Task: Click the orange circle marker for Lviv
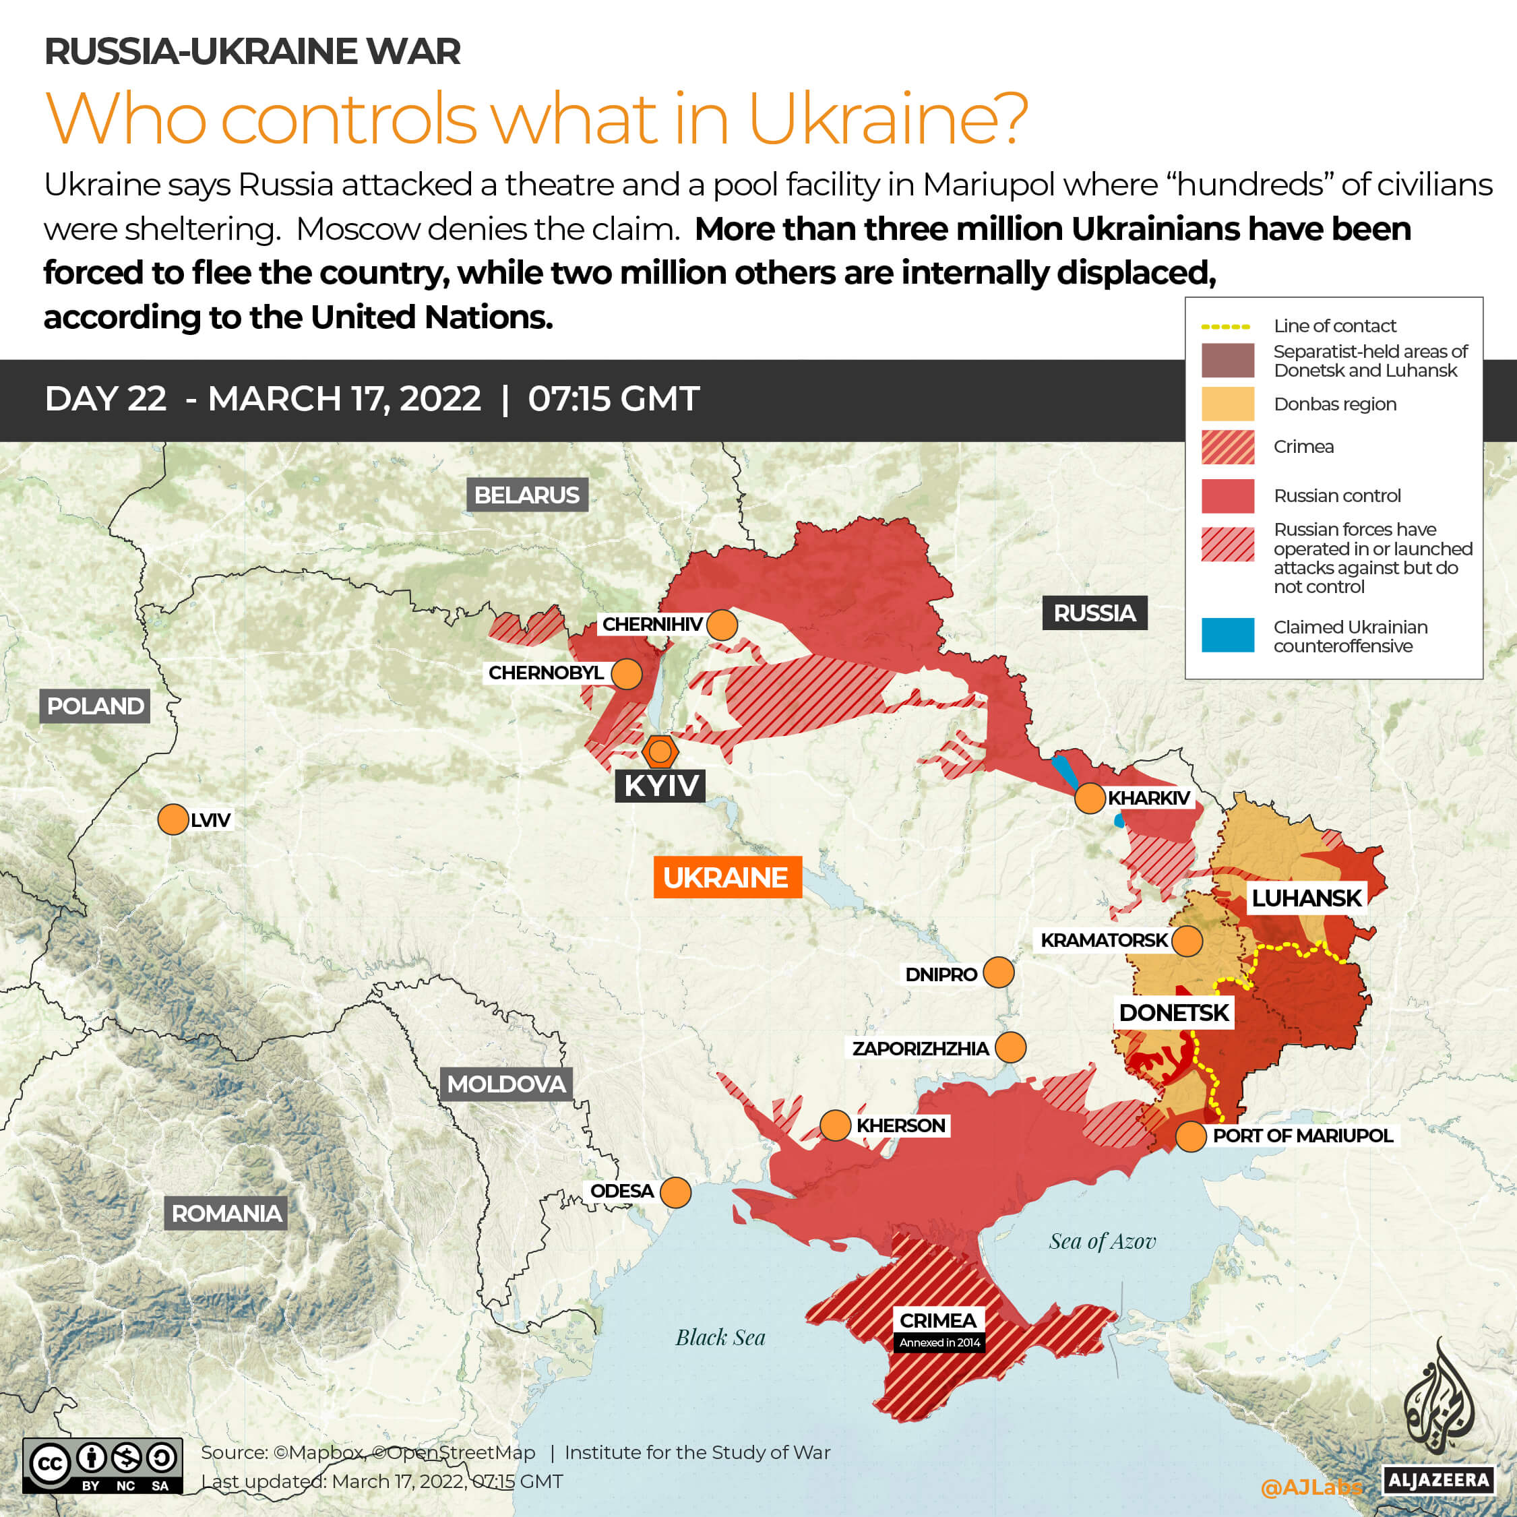pos(173,819)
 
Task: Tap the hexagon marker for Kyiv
pos(660,751)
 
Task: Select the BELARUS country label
pos(527,495)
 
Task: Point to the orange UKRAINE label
pos(726,877)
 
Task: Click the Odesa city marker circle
pos(675,1192)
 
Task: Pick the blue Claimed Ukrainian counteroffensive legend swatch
pos(1227,636)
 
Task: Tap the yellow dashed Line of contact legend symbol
pos(1225,327)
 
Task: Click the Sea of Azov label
pos(1102,1241)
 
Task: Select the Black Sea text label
pos(720,1337)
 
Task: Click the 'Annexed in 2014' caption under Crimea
pos(939,1342)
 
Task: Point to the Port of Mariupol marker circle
pos(1190,1136)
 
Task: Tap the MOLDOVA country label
pos(505,1084)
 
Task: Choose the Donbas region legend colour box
pos(1227,404)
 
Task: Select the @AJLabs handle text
pos(1311,1487)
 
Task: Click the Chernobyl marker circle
pos(626,674)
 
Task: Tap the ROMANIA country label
pos(226,1213)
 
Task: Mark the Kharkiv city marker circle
pos(1090,799)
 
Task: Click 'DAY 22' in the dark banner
pos(105,399)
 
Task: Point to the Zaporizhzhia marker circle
pos(1010,1047)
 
